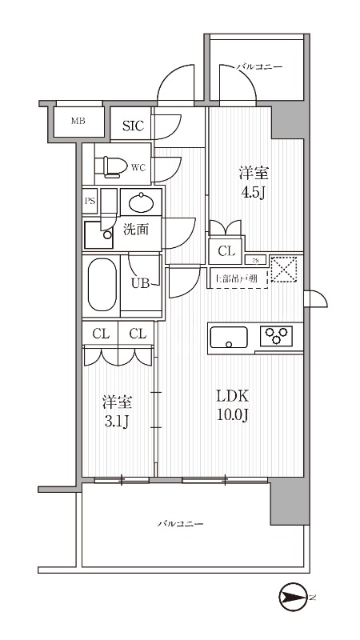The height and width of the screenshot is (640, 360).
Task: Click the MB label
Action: pyautogui.click(x=78, y=122)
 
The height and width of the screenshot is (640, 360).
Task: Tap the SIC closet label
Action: pyautogui.click(x=133, y=125)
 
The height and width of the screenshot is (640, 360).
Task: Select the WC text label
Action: pyautogui.click(x=137, y=168)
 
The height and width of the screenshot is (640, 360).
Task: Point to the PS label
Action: pyautogui.click(x=90, y=201)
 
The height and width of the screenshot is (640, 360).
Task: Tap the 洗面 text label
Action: pyautogui.click(x=135, y=230)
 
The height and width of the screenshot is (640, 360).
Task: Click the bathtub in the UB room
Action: pyautogui.click(x=101, y=285)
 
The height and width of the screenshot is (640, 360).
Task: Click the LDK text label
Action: pyautogui.click(x=234, y=396)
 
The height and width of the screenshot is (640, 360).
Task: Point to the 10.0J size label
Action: pyautogui.click(x=234, y=416)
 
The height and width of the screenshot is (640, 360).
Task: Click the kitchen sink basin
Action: pyautogui.click(x=230, y=338)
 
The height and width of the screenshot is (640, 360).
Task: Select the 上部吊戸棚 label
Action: pyautogui.click(x=235, y=279)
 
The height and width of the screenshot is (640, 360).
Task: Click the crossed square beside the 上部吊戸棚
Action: pyautogui.click(x=284, y=269)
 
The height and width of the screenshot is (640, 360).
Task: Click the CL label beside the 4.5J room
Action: pyautogui.click(x=226, y=251)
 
